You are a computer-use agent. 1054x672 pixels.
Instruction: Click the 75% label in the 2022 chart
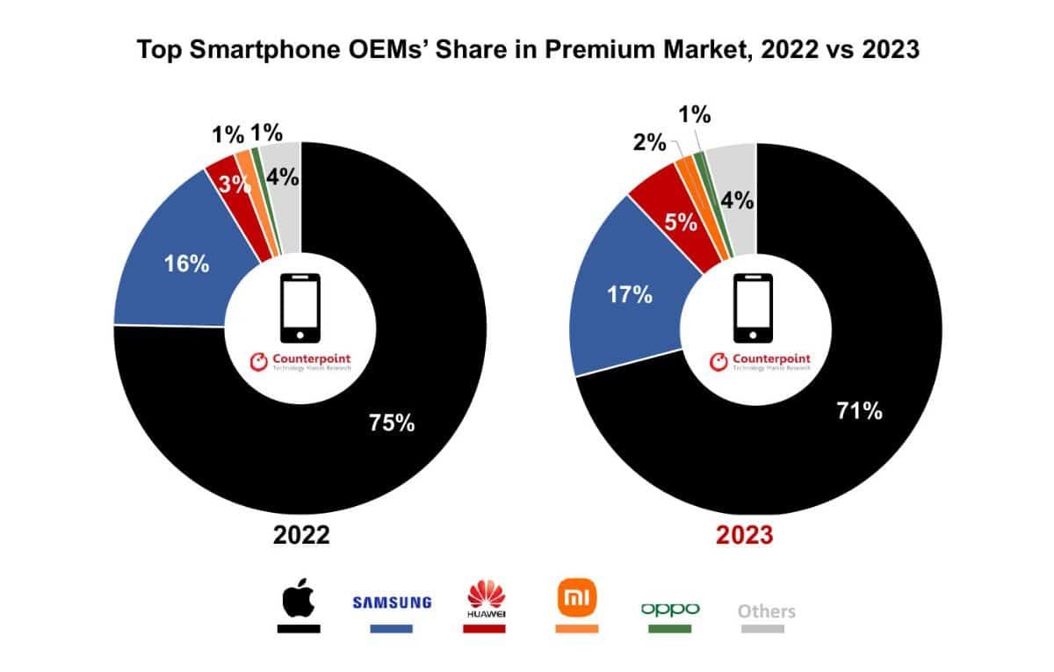(390, 423)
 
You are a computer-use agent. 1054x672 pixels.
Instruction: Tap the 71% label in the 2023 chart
(858, 409)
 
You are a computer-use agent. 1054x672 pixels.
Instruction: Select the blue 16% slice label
(186, 264)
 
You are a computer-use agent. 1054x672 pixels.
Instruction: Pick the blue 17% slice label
(630, 294)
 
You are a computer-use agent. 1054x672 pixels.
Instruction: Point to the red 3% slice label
(231, 185)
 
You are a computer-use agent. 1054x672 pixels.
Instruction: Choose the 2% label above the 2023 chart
(651, 141)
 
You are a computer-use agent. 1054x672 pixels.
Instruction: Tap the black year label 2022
(300, 535)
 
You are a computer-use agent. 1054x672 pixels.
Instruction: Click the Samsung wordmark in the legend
(392, 603)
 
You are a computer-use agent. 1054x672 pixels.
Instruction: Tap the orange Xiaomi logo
(577, 599)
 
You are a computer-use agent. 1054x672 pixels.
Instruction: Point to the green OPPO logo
(670, 608)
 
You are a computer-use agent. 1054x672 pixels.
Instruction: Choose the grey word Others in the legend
(767, 611)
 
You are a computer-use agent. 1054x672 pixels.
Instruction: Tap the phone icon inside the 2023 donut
(753, 307)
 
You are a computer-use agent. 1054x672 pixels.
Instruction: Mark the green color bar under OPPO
(670, 629)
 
